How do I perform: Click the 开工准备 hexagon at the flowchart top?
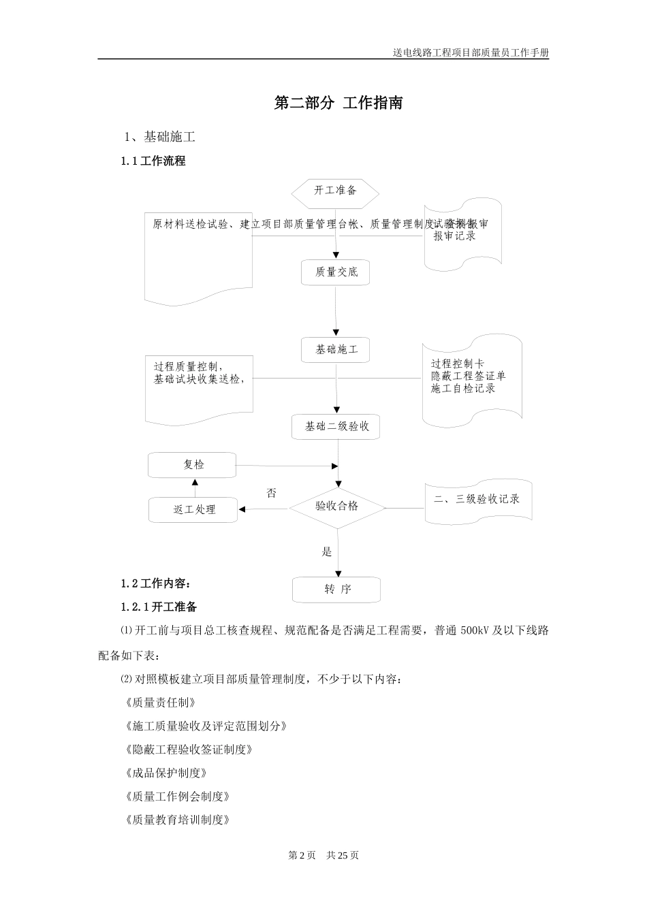[x=335, y=191]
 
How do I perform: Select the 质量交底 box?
[x=336, y=272]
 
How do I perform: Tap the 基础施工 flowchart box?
[x=336, y=350]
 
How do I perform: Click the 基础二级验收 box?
[x=336, y=427]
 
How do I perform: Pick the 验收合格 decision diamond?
[x=337, y=507]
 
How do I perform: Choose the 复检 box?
[x=193, y=465]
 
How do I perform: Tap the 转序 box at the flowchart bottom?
[x=337, y=590]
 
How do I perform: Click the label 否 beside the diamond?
[x=271, y=494]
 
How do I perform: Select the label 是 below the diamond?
[x=327, y=552]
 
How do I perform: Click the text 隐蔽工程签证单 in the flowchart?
[x=468, y=376]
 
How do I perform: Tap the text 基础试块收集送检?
[x=197, y=379]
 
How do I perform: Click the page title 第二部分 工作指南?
[x=338, y=103]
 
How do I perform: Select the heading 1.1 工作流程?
[x=153, y=161]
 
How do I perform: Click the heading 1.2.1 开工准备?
[x=159, y=607]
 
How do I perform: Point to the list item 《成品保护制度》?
[x=165, y=773]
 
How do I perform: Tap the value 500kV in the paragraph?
[x=474, y=630]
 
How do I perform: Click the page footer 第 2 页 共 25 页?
[x=323, y=855]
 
